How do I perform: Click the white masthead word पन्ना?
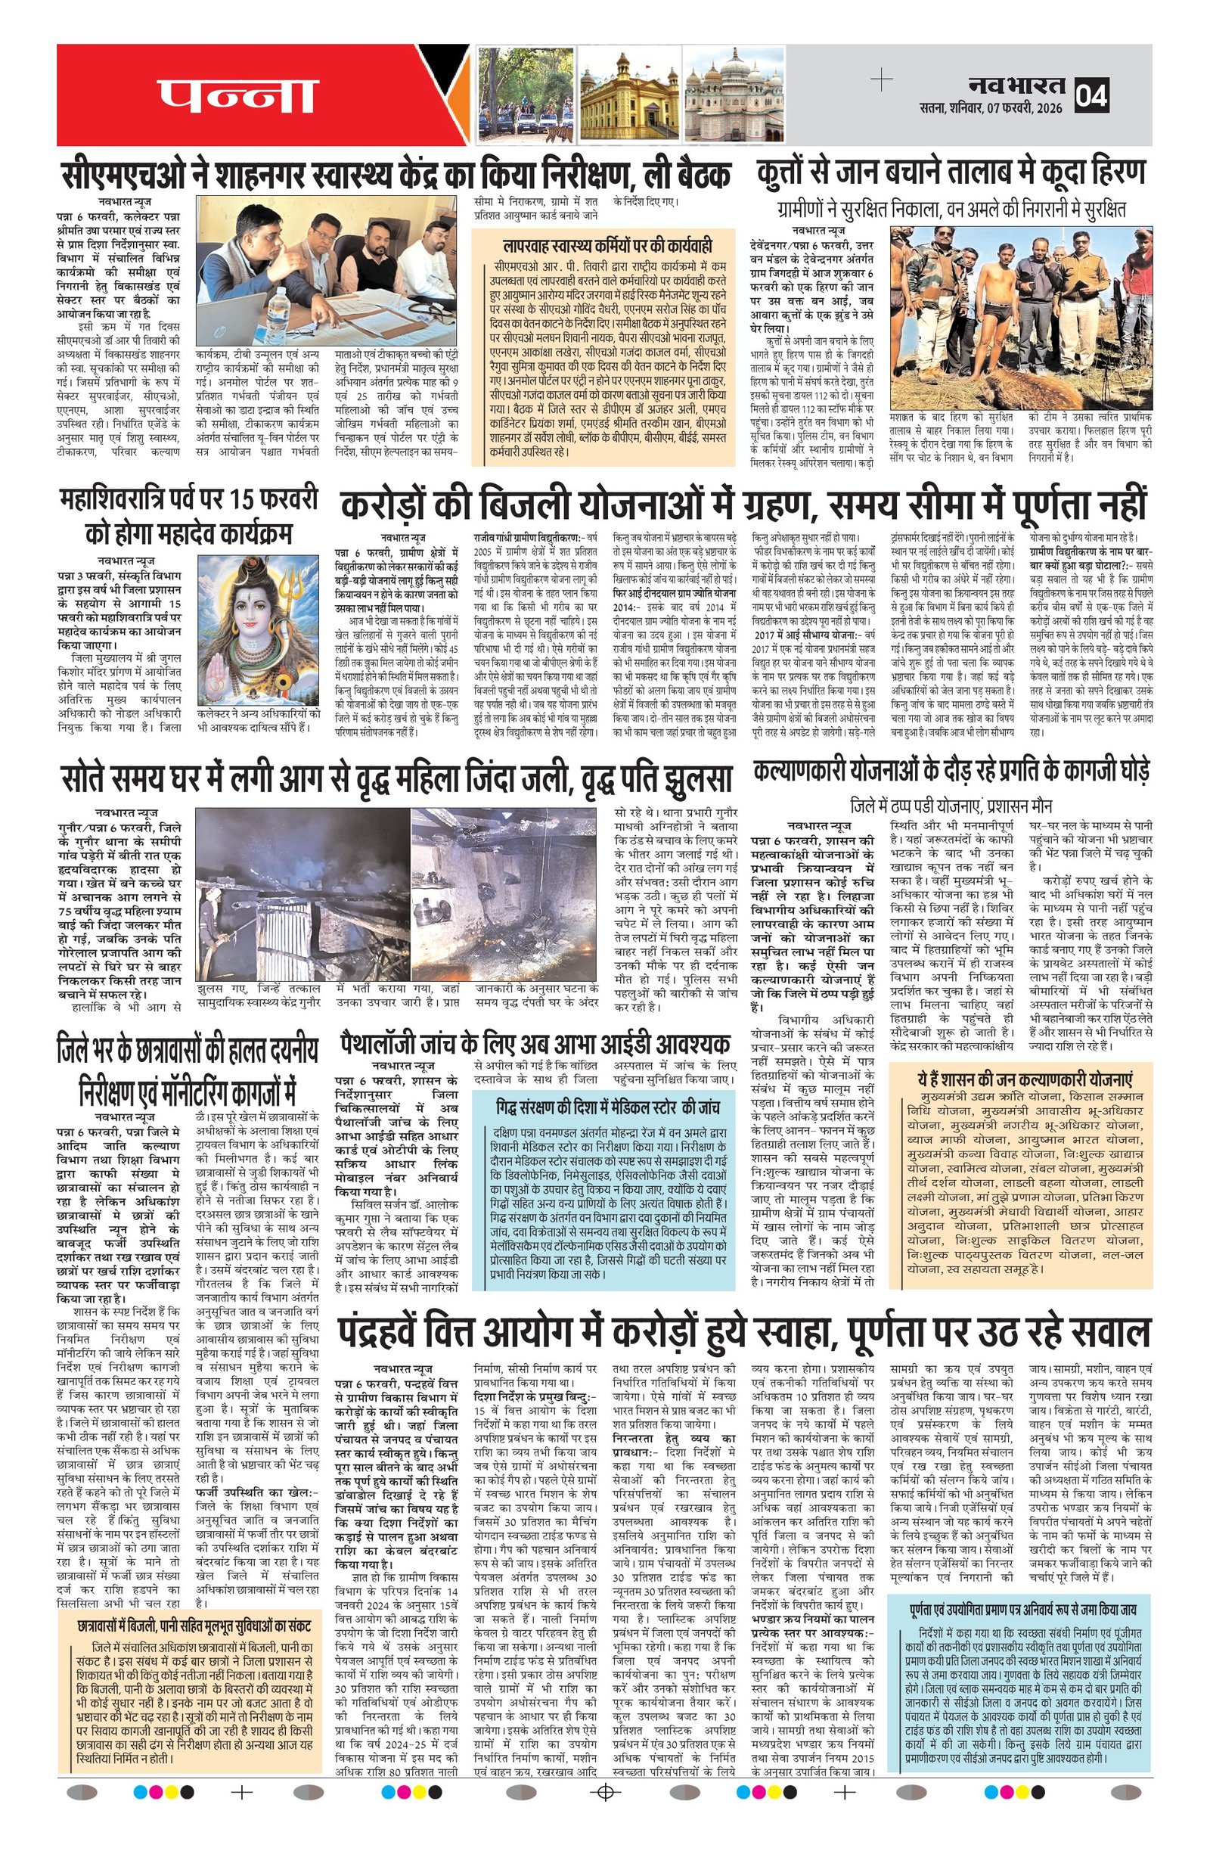tap(238, 96)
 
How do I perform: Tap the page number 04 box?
tap(1091, 95)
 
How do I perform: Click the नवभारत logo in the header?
tap(1016, 84)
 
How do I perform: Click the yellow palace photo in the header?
tap(628, 96)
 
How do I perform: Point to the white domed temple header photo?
tap(734, 95)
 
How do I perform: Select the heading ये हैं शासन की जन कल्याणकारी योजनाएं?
tap(1024, 1080)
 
